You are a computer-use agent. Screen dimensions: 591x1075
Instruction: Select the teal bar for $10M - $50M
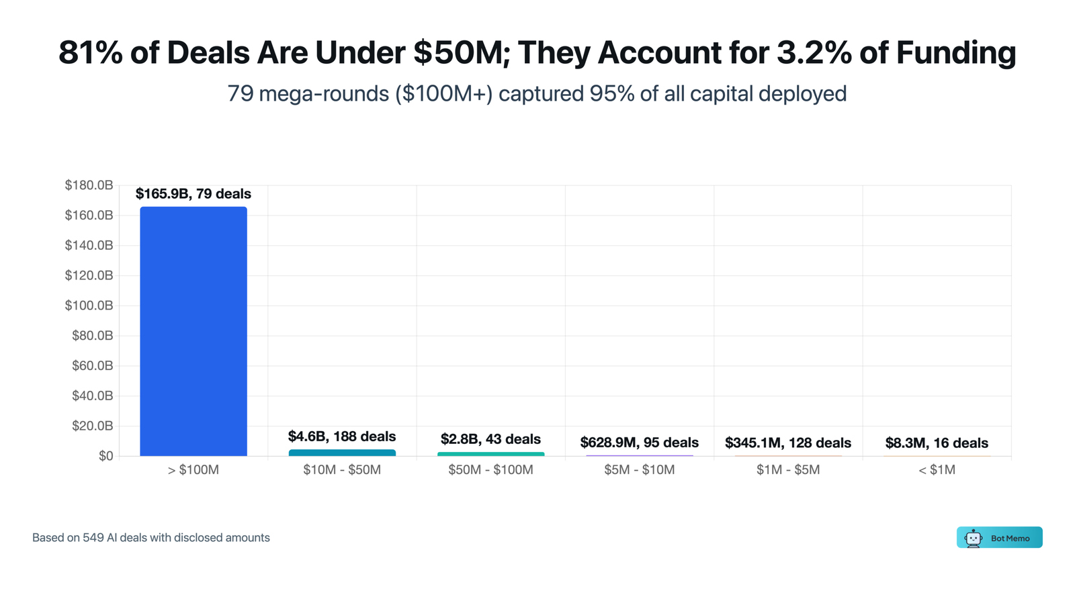click(342, 453)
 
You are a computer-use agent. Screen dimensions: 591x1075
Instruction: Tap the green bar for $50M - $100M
click(490, 454)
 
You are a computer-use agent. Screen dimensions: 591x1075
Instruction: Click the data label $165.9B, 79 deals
click(193, 194)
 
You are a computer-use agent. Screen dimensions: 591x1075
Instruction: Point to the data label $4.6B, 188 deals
click(342, 437)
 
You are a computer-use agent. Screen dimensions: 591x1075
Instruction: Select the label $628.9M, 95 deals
click(639, 443)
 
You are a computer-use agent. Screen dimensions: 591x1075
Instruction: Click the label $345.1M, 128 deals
click(787, 443)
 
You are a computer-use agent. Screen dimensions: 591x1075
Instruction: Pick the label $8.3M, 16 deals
click(937, 443)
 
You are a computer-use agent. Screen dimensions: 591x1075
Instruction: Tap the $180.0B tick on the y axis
click(89, 185)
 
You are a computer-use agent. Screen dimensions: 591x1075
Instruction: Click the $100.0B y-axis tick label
click(89, 306)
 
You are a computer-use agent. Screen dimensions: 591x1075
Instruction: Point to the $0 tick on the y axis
click(105, 456)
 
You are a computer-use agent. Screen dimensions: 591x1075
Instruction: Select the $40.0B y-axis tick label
click(92, 396)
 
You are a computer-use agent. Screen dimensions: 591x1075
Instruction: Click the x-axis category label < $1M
click(937, 470)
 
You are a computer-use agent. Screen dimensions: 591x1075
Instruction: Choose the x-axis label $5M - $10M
click(639, 470)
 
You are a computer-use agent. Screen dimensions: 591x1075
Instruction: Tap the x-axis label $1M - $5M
click(787, 470)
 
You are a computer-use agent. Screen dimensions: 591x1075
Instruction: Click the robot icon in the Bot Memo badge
click(973, 538)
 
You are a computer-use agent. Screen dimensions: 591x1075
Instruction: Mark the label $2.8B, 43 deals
click(490, 439)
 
